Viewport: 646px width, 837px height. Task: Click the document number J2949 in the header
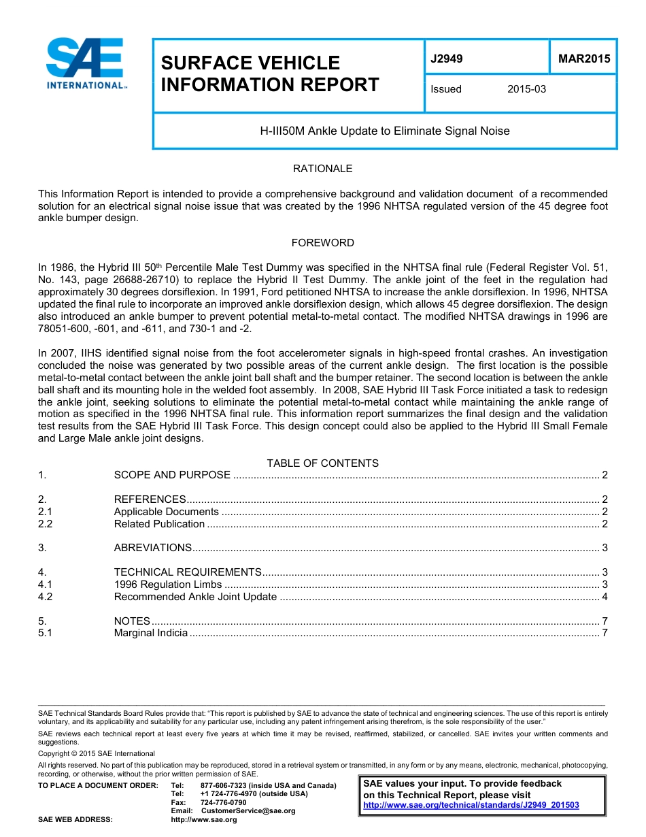pos(446,59)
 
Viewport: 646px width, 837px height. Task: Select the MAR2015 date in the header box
pos(583,59)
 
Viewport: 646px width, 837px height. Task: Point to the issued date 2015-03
pos(526,89)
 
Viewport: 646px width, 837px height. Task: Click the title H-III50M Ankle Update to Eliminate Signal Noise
pos(385,131)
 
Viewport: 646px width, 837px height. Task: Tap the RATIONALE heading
pos(322,168)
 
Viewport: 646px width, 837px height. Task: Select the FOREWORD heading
pos(322,243)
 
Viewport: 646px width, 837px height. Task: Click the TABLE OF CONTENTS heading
pos(322,463)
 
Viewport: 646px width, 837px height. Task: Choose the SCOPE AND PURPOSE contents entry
pos(172,475)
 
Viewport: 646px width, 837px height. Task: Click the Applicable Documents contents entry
pos(166,512)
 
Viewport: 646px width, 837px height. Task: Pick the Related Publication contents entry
pos(159,524)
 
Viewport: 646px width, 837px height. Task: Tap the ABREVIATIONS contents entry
pos(153,548)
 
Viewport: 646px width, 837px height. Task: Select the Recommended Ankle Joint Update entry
pos(195,597)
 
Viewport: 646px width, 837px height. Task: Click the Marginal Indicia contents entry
pos(150,633)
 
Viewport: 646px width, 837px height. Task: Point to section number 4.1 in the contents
pos(46,585)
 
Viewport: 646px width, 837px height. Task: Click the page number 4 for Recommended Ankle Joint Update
pos(605,597)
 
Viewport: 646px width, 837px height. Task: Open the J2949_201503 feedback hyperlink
pos(471,805)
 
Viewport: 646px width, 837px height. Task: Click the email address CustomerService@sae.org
pos(248,811)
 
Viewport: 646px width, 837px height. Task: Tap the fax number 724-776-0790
pos(223,803)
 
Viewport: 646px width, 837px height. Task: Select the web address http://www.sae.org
pos(203,819)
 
